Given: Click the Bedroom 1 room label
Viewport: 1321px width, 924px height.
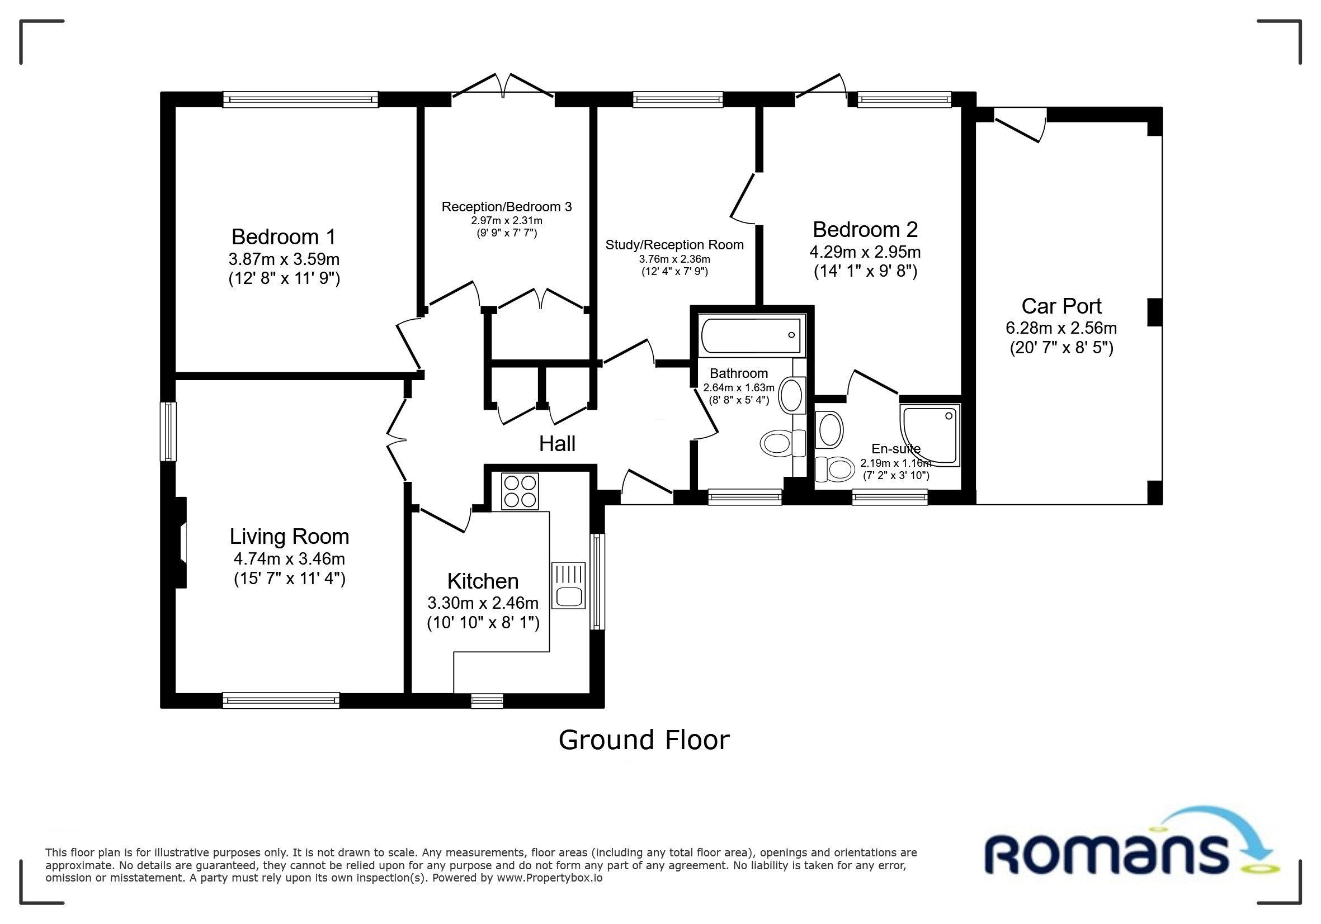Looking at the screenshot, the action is tap(283, 237).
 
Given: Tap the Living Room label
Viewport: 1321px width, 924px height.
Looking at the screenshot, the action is tap(289, 537).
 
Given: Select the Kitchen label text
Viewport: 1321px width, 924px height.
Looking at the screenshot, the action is tap(483, 581).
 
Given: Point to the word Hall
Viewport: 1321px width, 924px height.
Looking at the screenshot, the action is tap(557, 444).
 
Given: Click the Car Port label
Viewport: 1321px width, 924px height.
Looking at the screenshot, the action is tap(1061, 306).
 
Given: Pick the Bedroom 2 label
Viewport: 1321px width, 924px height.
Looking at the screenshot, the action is tap(865, 229).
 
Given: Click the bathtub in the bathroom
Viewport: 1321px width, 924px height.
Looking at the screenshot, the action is tap(752, 335).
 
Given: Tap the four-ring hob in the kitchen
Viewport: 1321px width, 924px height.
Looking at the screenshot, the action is tap(520, 491).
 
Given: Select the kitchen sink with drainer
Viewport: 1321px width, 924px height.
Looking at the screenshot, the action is tap(568, 585).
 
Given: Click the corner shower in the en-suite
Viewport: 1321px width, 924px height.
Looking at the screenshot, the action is tap(930, 435).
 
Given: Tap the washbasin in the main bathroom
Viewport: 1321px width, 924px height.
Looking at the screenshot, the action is tap(792, 395).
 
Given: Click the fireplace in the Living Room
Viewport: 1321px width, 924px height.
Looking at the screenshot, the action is tap(180, 543).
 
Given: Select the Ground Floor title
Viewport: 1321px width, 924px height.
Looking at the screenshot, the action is tap(644, 740).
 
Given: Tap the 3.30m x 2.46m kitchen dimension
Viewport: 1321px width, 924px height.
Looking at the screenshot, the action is tap(483, 603).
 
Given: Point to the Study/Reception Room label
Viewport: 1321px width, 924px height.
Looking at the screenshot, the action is tap(674, 245).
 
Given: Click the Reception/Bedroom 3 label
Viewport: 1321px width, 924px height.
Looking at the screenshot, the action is tap(506, 207).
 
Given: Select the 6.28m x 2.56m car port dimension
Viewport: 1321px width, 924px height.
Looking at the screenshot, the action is tap(1061, 328).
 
